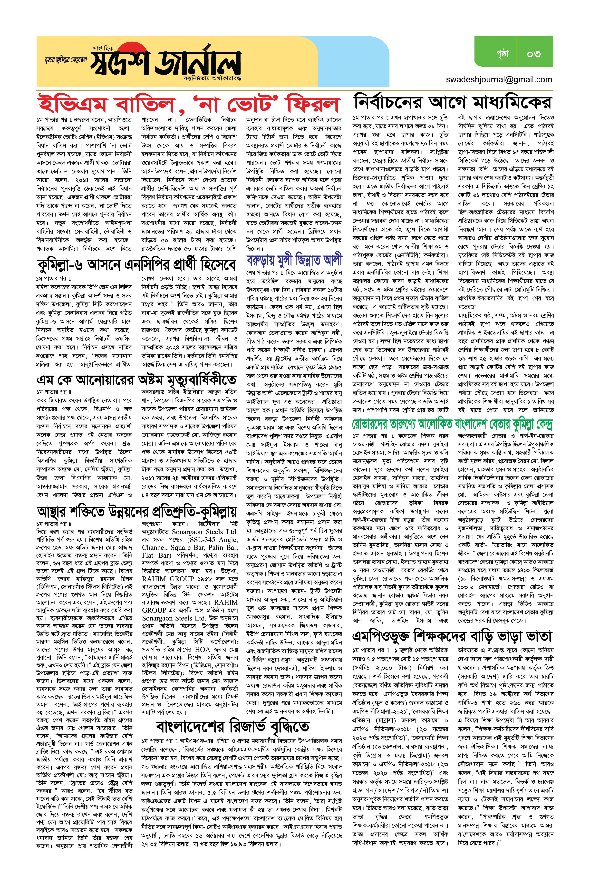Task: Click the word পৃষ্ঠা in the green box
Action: coord(502,53)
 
